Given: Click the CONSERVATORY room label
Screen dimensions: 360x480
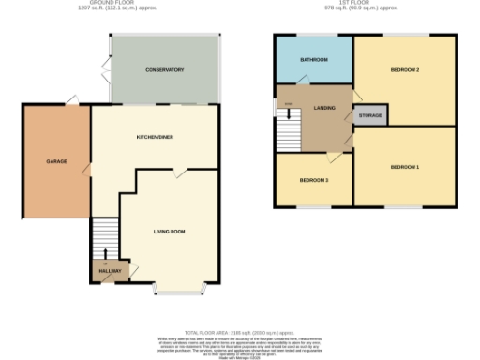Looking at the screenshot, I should point(164,70).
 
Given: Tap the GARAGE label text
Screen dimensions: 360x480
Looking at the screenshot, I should point(56,162).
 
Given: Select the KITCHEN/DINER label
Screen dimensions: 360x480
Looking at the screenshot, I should point(155,137).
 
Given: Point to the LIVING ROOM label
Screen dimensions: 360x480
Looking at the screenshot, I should point(170,231).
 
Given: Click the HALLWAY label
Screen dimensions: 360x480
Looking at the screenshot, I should point(110,271).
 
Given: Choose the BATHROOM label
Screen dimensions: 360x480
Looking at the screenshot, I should point(314,60).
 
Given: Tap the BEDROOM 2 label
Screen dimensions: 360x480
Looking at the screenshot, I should point(404,70).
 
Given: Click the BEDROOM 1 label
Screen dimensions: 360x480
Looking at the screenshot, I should point(404,167).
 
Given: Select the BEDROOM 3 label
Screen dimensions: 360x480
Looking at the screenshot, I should point(314,179).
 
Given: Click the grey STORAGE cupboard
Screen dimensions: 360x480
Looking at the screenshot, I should point(369,114).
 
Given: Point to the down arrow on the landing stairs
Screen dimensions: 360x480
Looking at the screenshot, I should point(289,104).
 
